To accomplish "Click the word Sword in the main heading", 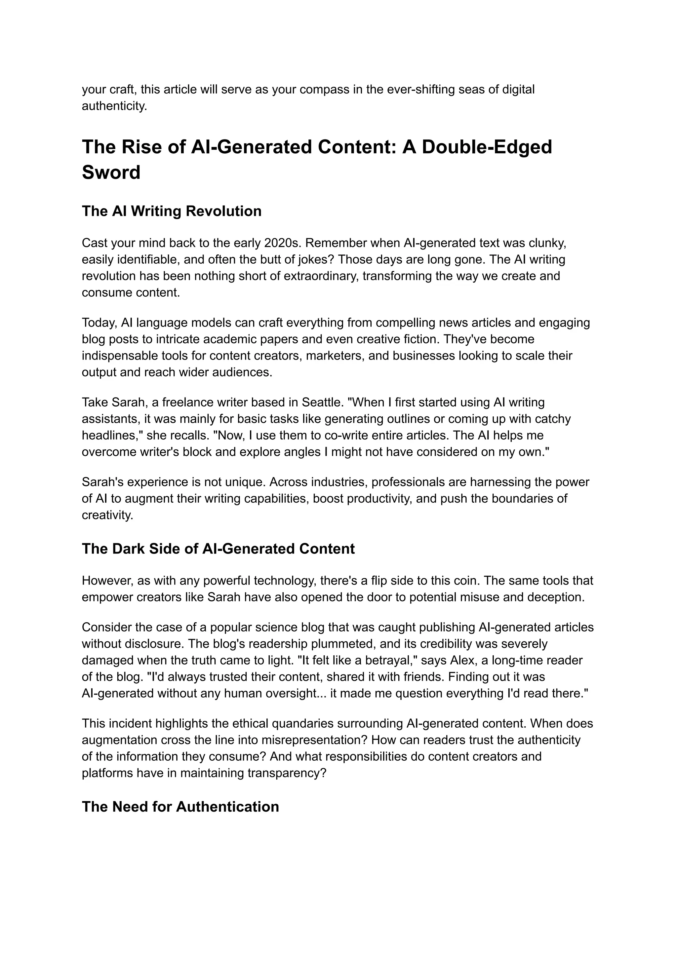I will tap(111, 172).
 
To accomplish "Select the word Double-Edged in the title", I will tap(487, 147).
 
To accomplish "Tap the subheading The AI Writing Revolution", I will tap(171, 211).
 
